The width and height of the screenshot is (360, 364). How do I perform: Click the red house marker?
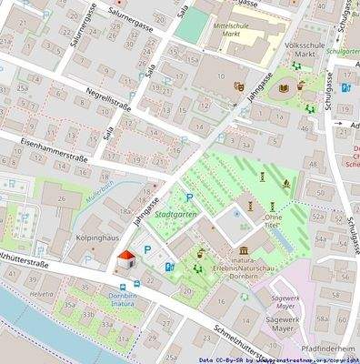tap(125, 259)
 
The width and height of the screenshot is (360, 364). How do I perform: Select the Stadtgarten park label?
tap(175, 215)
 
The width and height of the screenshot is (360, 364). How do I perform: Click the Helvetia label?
tap(41, 295)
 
